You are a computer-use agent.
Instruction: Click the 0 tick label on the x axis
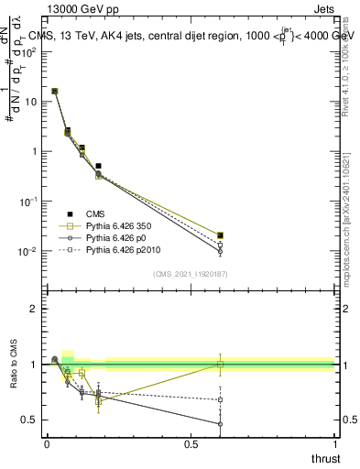[x=47, y=444]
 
